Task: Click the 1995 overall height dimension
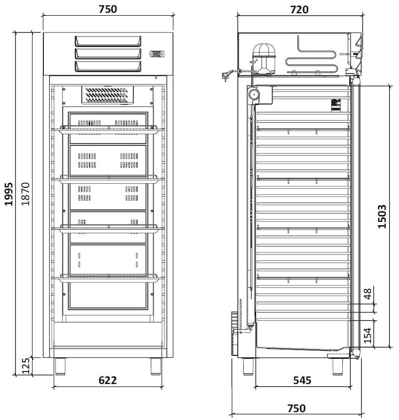point(9,194)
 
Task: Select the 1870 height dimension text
point(26,194)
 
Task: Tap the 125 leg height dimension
point(26,366)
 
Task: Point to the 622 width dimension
point(107,380)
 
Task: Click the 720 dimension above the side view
point(299,10)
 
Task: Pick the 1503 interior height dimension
point(382,216)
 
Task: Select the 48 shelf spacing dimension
point(368,294)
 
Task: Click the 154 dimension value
point(367,335)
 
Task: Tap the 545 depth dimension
point(302,380)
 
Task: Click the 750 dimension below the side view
point(297,408)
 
